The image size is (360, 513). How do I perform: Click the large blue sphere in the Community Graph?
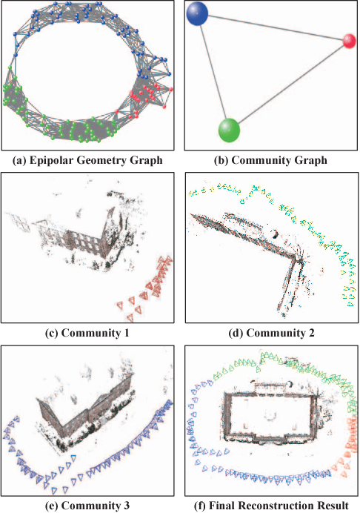coord(197,13)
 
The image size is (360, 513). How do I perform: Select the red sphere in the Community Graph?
coord(349,41)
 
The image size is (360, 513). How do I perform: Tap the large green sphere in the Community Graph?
coord(229,130)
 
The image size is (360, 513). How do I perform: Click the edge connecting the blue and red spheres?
coord(276,28)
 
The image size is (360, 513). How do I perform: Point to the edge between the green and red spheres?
coord(291,85)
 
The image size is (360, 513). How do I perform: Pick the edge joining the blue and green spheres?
coord(213,72)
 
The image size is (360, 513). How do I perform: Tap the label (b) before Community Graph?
coord(221,161)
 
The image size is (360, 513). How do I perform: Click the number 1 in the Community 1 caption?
coord(125,334)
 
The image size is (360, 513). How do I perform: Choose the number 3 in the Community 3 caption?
coord(126,506)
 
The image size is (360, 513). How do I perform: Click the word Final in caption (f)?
coord(221,506)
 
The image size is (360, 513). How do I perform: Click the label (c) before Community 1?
coord(52,334)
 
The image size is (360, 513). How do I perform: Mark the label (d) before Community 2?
coord(236,334)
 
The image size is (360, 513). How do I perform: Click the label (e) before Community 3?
coord(52,506)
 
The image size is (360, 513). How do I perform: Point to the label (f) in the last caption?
coord(200,506)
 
